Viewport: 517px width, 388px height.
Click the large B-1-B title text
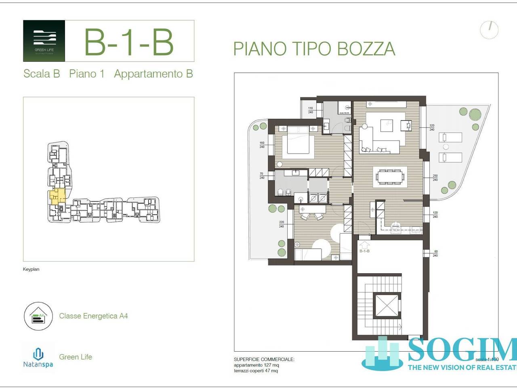coord(128,42)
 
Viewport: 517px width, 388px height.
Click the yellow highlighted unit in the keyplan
coord(57,196)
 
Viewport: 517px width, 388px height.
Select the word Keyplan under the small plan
coord(31,269)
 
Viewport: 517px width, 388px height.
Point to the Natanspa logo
coord(38,357)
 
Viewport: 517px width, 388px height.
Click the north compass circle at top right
coord(489,29)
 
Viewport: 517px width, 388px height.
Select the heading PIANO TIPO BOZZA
coord(314,49)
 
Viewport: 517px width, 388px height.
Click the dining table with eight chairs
coord(390,177)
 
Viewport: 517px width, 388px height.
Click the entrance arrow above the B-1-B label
coord(364,244)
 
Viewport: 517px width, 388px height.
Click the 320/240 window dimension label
coord(432,128)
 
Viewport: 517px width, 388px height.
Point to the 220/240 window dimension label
coord(281,224)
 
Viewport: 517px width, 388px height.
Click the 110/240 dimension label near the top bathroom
coord(310,110)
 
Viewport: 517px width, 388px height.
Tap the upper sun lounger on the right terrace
coord(450,137)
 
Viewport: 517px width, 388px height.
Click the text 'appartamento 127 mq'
coord(256,365)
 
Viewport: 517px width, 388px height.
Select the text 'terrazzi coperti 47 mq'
coord(256,371)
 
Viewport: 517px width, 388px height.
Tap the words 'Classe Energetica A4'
coord(93,316)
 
